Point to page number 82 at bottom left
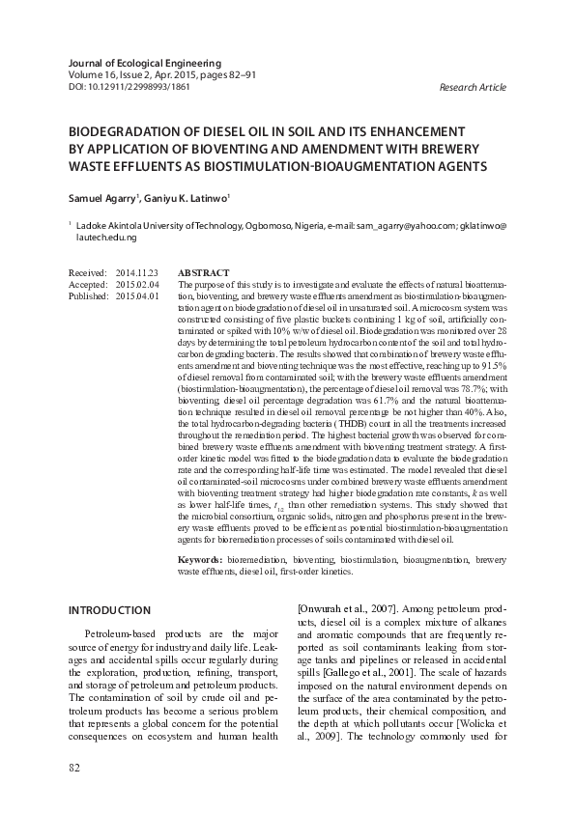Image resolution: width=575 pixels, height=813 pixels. coord(74,767)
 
